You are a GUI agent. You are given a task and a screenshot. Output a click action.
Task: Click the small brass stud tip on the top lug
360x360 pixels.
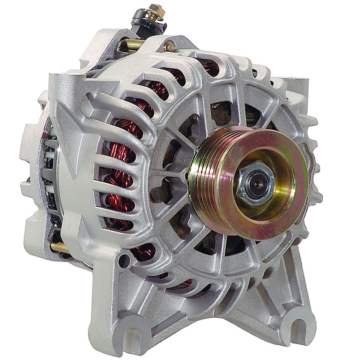click(169, 47)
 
